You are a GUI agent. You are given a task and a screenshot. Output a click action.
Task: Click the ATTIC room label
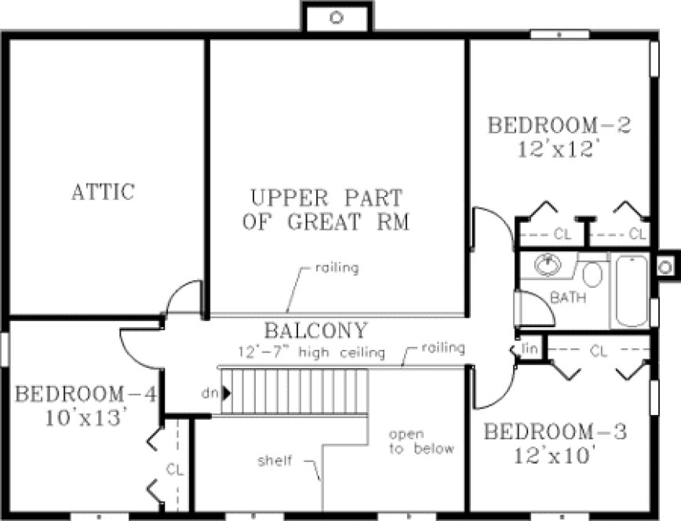[103, 191]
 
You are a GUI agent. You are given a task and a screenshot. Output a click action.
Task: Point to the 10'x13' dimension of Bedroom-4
[86, 418]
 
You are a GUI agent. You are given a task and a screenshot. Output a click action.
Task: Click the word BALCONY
[315, 330]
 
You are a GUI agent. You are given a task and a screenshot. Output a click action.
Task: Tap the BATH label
[568, 298]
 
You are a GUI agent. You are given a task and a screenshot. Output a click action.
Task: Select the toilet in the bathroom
[594, 275]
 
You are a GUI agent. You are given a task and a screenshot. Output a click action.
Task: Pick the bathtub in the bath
[632, 290]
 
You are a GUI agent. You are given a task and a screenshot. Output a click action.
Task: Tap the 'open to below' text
[422, 441]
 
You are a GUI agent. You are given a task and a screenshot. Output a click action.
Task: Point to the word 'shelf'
[275, 461]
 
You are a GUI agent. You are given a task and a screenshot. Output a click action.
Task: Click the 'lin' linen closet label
[530, 348]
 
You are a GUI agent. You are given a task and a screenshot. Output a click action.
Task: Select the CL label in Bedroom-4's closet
[174, 468]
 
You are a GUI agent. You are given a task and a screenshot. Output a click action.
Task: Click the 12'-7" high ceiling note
[312, 353]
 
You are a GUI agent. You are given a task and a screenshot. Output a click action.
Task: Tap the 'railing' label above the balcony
[337, 268]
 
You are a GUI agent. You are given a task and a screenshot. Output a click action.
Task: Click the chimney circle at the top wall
[337, 16]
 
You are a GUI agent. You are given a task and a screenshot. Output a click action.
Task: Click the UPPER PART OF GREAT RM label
[326, 209]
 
